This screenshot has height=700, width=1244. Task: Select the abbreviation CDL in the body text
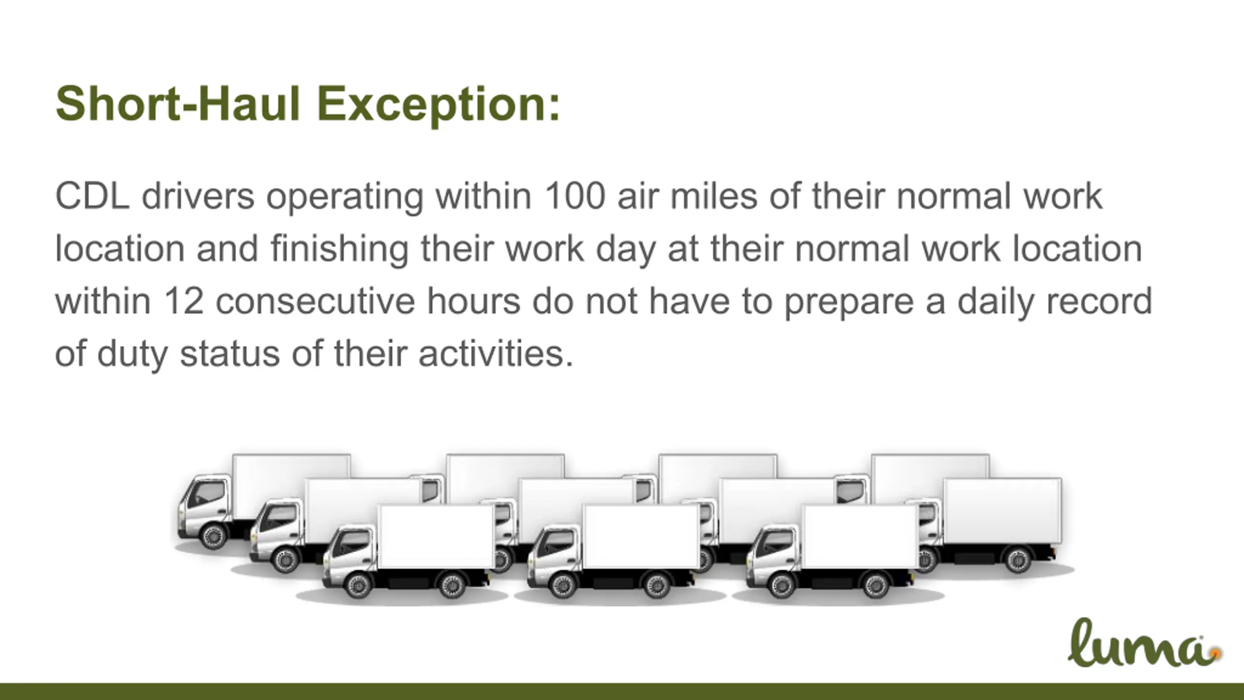click(x=92, y=196)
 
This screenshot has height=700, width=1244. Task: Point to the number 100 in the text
click(x=575, y=196)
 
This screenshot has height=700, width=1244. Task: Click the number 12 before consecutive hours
click(x=183, y=301)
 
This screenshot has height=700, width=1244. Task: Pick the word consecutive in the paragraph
click(x=315, y=301)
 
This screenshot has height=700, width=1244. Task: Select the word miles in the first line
click(x=714, y=196)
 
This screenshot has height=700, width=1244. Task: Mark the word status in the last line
click(x=230, y=354)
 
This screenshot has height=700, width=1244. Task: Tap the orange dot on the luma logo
click(x=1215, y=653)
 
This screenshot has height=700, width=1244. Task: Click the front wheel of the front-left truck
click(x=359, y=584)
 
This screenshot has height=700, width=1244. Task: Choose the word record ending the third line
click(x=1099, y=301)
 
